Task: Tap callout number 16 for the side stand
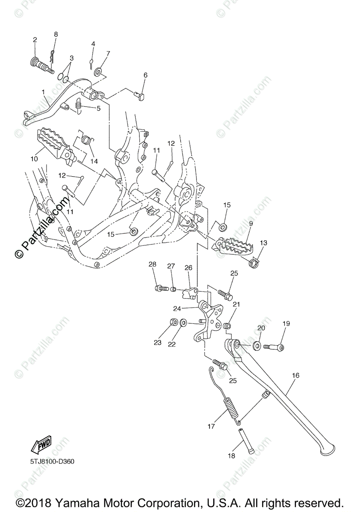(x=296, y=375)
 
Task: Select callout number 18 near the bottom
(x=231, y=456)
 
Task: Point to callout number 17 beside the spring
(x=211, y=426)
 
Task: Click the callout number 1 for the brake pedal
(x=43, y=92)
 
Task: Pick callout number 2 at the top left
(x=35, y=40)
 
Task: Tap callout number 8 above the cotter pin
(x=56, y=34)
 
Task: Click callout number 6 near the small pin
(x=145, y=75)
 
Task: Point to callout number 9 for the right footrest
(x=251, y=223)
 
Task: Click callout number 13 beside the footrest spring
(x=263, y=243)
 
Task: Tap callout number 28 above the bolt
(x=152, y=265)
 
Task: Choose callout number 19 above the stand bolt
(x=286, y=324)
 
